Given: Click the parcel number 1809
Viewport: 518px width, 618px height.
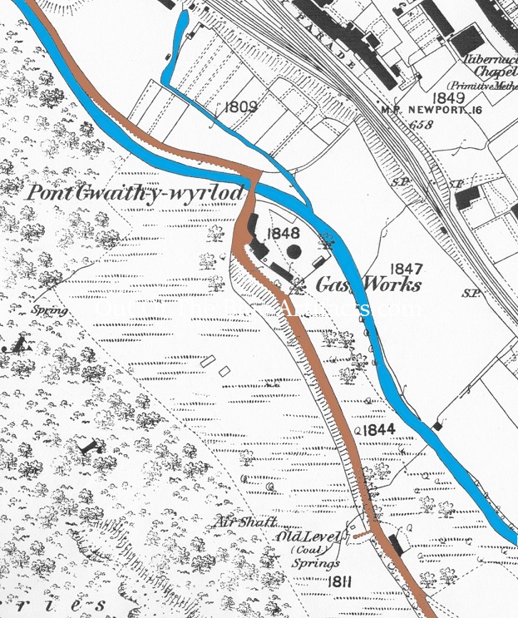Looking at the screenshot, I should click(240, 106).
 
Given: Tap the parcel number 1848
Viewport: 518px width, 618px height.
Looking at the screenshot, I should click(282, 234).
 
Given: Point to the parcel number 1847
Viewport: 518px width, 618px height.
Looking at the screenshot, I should click(407, 269).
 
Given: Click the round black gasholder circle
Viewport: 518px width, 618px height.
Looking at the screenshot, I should click(294, 250).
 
